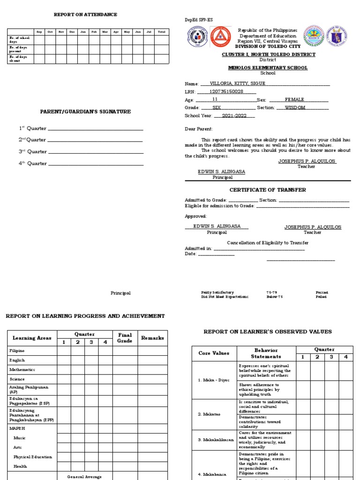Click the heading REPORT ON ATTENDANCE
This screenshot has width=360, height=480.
pyautogui.click(x=85, y=15)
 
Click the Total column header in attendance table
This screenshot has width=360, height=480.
pyautogui.click(x=161, y=32)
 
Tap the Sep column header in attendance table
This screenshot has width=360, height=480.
pyautogui.click(x=39, y=32)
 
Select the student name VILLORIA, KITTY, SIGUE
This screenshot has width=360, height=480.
pyautogui.click(x=239, y=83)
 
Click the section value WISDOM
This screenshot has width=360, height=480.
pyautogui.click(x=295, y=107)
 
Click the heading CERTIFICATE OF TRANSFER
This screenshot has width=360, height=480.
pyautogui.click(x=267, y=190)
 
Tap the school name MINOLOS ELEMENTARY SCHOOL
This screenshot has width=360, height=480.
pyautogui.click(x=268, y=68)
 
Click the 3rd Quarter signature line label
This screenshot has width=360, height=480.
pyautogui.click(x=32, y=152)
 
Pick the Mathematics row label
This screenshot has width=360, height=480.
pyautogui.click(x=22, y=369)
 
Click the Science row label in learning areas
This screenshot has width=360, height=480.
pyautogui.click(x=17, y=379)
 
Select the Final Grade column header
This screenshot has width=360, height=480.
pyautogui.click(x=125, y=338)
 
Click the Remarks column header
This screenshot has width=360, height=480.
pyautogui.click(x=152, y=338)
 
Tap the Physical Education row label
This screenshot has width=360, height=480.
pyautogui.click(x=33, y=457)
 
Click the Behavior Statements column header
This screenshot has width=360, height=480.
pyautogui.click(x=266, y=353)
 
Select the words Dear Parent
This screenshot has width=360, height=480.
pyautogui.click(x=199, y=128)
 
